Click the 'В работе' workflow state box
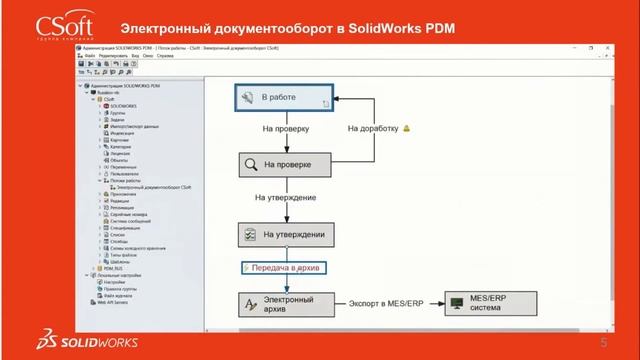click(x=285, y=97)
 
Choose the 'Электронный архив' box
click(x=285, y=302)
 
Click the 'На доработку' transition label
click(x=374, y=129)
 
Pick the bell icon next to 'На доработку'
click(x=407, y=129)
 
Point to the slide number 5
click(x=604, y=343)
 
